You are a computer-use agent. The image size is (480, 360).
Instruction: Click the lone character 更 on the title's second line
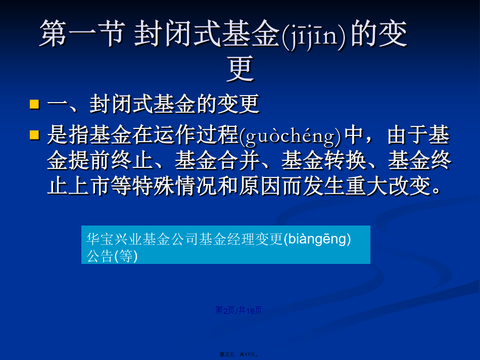241,69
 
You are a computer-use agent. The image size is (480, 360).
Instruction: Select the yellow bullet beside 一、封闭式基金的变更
34,104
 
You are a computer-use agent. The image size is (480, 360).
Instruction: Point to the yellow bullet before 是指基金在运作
34,135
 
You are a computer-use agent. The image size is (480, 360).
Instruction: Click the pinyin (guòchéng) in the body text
290,136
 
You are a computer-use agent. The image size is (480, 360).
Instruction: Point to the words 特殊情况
174,186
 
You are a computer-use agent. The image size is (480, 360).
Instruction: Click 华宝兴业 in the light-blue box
114,239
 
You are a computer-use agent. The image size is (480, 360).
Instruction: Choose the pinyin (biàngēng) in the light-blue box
317,240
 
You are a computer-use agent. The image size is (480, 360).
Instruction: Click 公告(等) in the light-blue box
112,256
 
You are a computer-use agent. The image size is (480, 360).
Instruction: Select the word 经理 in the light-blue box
241,239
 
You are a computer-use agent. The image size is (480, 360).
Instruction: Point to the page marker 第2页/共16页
238,310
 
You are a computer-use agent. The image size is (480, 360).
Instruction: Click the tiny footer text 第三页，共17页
239,354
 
